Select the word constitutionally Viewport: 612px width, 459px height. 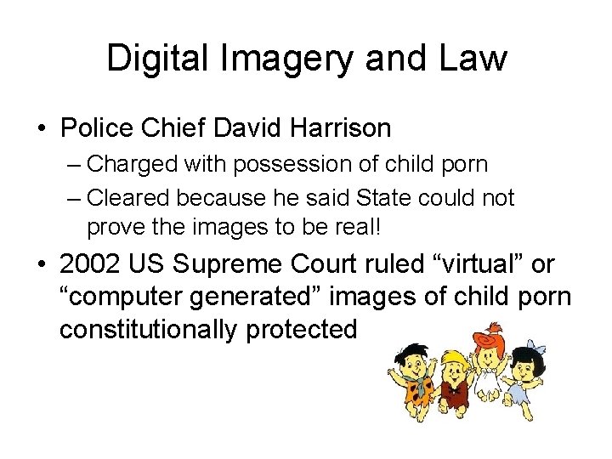tap(150, 329)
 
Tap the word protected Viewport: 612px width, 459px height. tap(302, 329)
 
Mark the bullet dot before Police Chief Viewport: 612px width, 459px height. tap(40, 129)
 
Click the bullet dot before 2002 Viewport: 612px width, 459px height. tap(40, 265)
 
